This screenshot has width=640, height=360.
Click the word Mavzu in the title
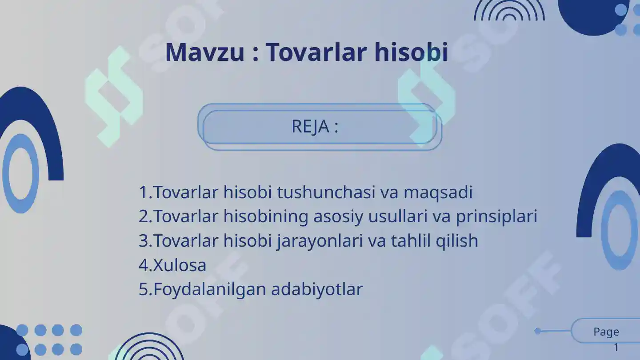click(205, 52)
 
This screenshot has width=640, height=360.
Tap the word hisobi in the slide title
click(411, 52)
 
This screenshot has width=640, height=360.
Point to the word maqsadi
click(438, 192)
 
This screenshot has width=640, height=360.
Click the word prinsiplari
click(496, 216)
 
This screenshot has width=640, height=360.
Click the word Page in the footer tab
click(606, 332)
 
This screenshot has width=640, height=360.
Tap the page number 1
click(616, 348)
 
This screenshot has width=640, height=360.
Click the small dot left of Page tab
click(538, 331)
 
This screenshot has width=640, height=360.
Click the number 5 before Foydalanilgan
click(144, 289)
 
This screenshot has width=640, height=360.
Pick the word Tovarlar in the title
click(317, 52)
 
